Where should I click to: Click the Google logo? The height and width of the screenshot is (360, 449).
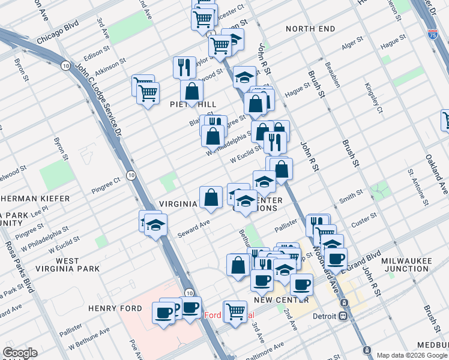[x=20, y=353]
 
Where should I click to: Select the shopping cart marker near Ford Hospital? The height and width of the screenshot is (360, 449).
[x=235, y=310]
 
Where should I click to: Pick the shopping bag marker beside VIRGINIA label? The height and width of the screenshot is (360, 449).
[x=211, y=197]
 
